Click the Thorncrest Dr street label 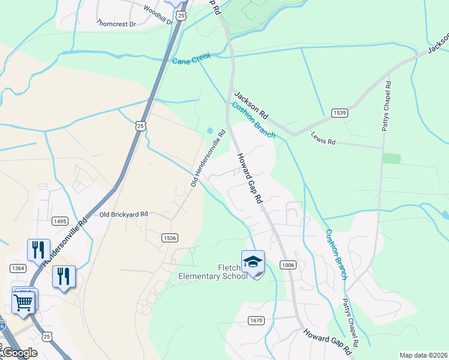116,23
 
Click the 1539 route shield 339,112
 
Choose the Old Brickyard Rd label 124,214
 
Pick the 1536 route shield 169,238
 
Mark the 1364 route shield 18,268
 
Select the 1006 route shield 288,265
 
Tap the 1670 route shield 256,320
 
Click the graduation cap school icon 253,263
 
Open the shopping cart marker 23,302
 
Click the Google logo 19,353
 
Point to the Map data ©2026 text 423,355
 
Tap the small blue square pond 209,130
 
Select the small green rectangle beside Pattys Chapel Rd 391,158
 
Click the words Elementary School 213,276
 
